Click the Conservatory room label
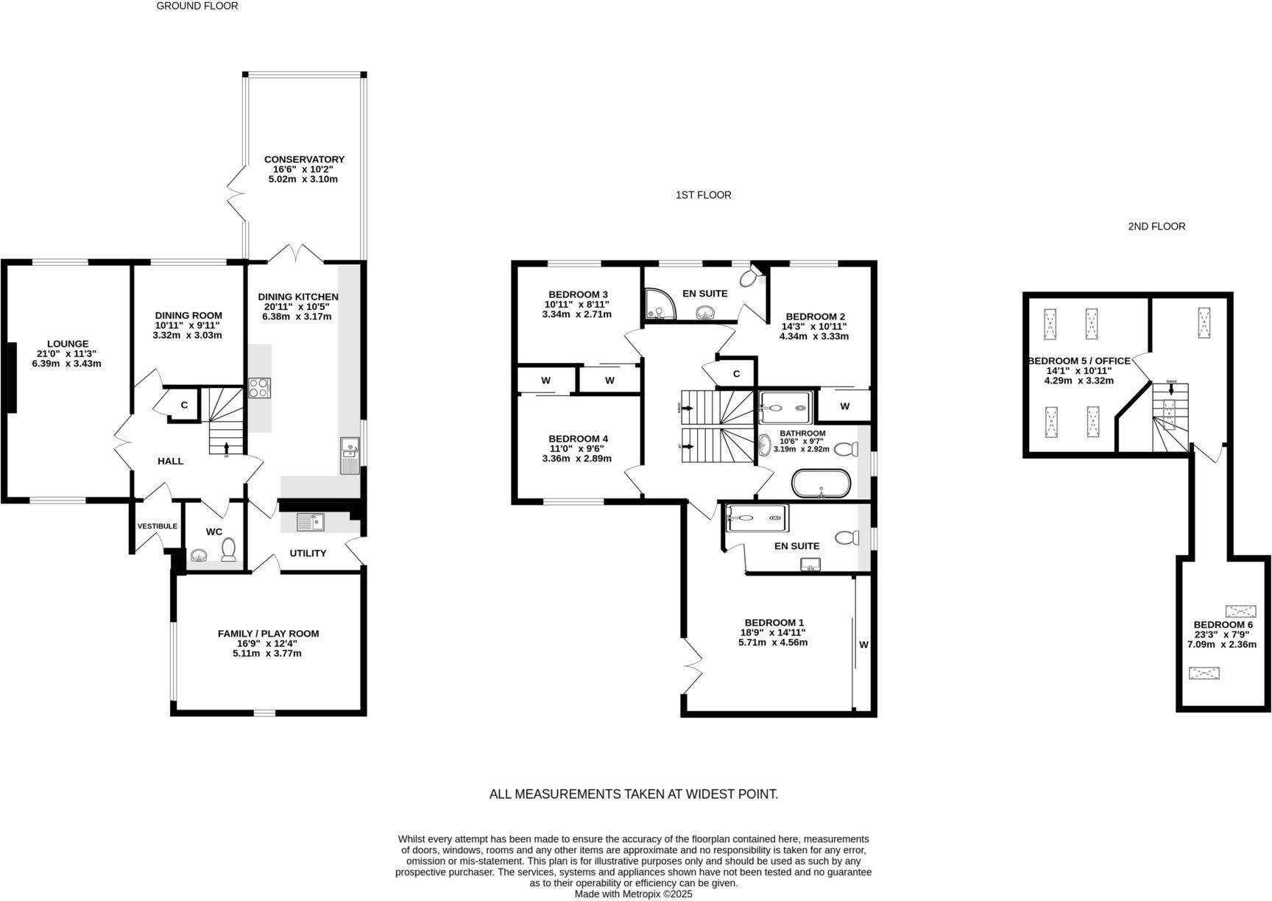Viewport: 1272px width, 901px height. click(304, 160)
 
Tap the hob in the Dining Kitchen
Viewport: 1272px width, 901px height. click(259, 388)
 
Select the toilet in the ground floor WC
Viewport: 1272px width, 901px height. click(229, 548)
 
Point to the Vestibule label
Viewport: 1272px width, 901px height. click(157, 526)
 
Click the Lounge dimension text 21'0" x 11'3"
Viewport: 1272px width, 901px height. click(68, 353)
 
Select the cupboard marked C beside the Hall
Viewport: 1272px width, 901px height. click(184, 405)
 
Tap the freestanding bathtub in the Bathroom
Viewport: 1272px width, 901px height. click(821, 484)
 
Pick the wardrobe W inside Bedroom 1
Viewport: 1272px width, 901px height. click(863, 645)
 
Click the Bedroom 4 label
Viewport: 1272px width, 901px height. click(578, 439)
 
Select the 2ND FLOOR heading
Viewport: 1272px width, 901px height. click(1156, 227)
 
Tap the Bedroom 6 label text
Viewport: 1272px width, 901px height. click(1223, 624)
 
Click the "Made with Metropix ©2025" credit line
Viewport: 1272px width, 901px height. click(633, 894)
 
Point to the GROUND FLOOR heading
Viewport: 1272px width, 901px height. click(197, 6)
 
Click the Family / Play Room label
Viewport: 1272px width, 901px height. click(268, 634)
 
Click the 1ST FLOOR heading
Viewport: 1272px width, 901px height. click(703, 195)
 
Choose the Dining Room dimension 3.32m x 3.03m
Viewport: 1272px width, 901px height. click(187, 335)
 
